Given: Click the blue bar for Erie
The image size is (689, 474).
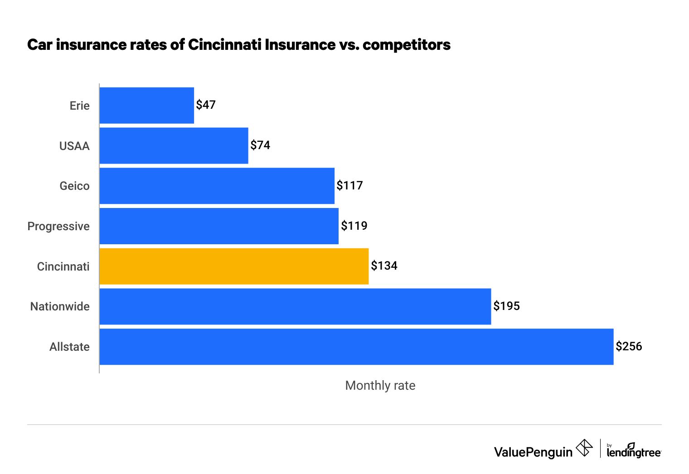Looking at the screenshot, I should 146,105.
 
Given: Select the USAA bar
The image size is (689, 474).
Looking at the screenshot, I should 174,145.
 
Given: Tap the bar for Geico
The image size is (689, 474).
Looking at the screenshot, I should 217,186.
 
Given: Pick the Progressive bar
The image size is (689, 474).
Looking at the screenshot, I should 219,226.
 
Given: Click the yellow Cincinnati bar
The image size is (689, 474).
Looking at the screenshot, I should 234,266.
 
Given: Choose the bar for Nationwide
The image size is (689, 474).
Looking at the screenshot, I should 295,306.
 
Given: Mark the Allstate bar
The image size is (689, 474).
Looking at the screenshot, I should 356,347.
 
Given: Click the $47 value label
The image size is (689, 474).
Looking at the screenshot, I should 206,105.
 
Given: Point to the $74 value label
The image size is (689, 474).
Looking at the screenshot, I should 260,145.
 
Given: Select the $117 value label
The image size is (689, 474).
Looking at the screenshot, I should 349,186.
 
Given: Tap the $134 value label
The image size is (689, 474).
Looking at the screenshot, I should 384,266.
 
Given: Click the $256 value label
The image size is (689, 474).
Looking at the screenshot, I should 629,347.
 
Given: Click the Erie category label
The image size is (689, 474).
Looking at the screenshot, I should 80,106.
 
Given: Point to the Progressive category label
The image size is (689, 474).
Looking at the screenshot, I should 58,226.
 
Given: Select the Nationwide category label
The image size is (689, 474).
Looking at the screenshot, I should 60,307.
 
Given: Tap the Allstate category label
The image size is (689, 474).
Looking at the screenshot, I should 69,347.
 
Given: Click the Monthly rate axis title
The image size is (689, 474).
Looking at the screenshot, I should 380,386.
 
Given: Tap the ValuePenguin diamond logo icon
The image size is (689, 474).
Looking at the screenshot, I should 584,448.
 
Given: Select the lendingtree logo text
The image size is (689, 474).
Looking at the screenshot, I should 633,452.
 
